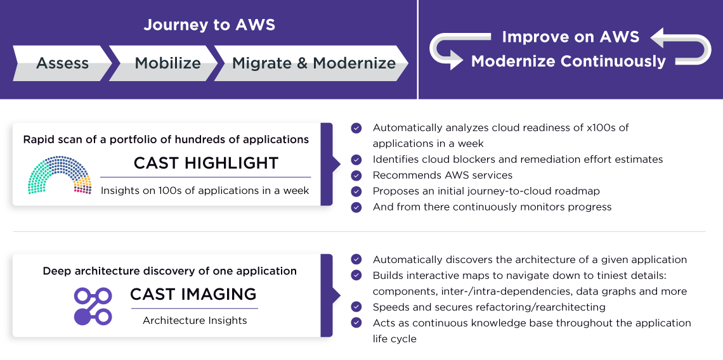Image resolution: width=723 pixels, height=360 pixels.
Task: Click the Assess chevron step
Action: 62,63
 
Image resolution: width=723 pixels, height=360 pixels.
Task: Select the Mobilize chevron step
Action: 167,63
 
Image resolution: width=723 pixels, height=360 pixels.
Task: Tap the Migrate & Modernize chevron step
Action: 313,63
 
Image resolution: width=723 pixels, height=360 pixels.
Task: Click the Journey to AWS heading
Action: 209,25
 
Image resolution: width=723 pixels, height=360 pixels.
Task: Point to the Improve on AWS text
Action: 570,37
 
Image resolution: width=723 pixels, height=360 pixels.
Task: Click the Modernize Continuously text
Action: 568,61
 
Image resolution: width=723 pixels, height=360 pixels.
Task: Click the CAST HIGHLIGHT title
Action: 206,163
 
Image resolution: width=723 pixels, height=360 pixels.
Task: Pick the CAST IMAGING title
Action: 193,294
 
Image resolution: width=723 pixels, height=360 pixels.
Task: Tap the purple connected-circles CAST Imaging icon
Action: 93,306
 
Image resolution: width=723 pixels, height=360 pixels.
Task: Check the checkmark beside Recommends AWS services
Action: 356,175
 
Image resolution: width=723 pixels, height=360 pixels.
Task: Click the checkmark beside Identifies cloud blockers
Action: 356,159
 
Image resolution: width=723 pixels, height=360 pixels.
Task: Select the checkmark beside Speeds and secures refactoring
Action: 356,307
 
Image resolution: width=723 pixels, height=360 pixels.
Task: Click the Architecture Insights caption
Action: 195,321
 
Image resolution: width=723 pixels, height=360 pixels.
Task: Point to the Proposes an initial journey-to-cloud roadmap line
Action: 486,191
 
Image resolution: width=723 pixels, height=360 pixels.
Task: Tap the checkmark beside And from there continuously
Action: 356,207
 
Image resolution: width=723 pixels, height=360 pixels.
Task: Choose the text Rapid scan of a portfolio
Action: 166,139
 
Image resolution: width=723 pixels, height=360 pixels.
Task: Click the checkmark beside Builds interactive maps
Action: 356,275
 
